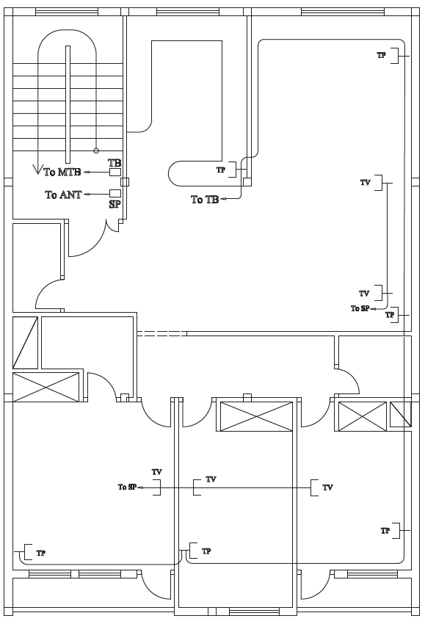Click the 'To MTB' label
pyautogui.click(x=62, y=172)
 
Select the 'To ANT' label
pyautogui.click(x=63, y=195)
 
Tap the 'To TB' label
pyautogui.click(x=205, y=200)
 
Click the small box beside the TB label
pyautogui.click(x=115, y=172)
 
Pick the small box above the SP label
pyautogui.click(x=115, y=193)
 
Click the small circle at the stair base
pyautogui.click(x=96, y=150)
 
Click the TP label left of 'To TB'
pyautogui.click(x=221, y=170)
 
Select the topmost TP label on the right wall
pyautogui.click(x=381, y=55)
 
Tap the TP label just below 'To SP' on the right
pyautogui.click(x=390, y=315)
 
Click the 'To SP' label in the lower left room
pyautogui.click(x=127, y=487)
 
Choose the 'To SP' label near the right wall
pyautogui.click(x=360, y=308)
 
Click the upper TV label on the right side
pyautogui.click(x=365, y=183)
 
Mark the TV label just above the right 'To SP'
pyautogui.click(x=364, y=294)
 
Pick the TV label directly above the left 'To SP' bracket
pyautogui.click(x=157, y=472)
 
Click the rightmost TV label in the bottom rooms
pyautogui.click(x=327, y=487)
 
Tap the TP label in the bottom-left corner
pyautogui.click(x=40, y=553)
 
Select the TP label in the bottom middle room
pyautogui.click(x=206, y=551)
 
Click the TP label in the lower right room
pyautogui.click(x=385, y=531)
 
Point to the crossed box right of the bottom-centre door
pyautogui.click(x=256, y=416)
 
